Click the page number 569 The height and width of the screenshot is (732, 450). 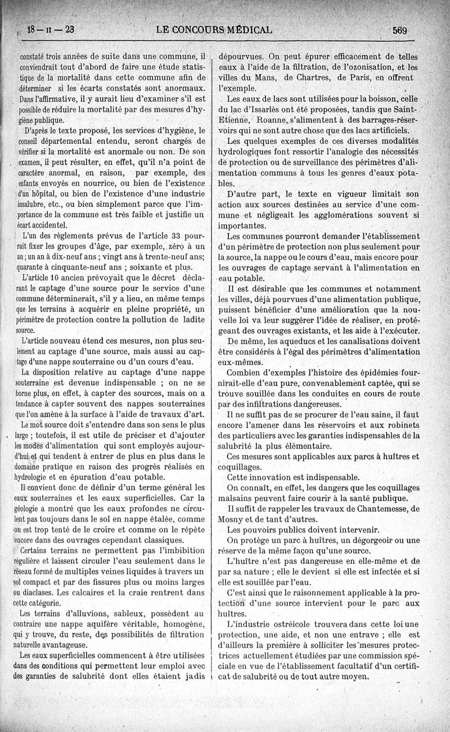(x=399, y=30)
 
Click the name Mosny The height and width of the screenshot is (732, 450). (x=233, y=519)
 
